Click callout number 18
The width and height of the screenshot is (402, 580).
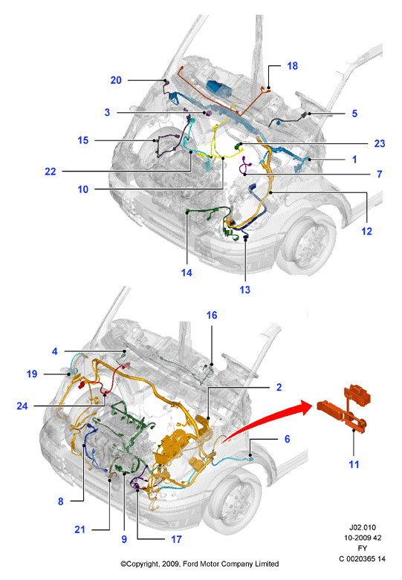pos(292,66)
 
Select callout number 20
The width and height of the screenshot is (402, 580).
pos(116,80)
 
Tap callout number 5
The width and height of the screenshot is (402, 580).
pos(354,114)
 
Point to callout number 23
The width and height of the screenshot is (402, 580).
pos(380,143)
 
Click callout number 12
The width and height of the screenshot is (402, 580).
pos(366,231)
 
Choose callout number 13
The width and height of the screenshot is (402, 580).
pos(244,290)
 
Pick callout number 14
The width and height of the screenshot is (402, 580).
pos(187,273)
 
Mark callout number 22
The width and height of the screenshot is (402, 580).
pos(51,172)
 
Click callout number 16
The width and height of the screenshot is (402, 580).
pos(212,315)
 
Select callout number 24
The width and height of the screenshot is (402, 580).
pos(22,406)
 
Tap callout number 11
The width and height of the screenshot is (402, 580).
pos(354,465)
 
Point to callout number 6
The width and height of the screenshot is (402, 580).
pos(288,439)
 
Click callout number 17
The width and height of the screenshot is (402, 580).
pos(176,539)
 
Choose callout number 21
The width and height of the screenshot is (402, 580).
pos(80,530)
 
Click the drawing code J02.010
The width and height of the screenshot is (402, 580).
pos(363,527)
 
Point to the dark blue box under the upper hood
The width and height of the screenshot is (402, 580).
pos(219,88)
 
